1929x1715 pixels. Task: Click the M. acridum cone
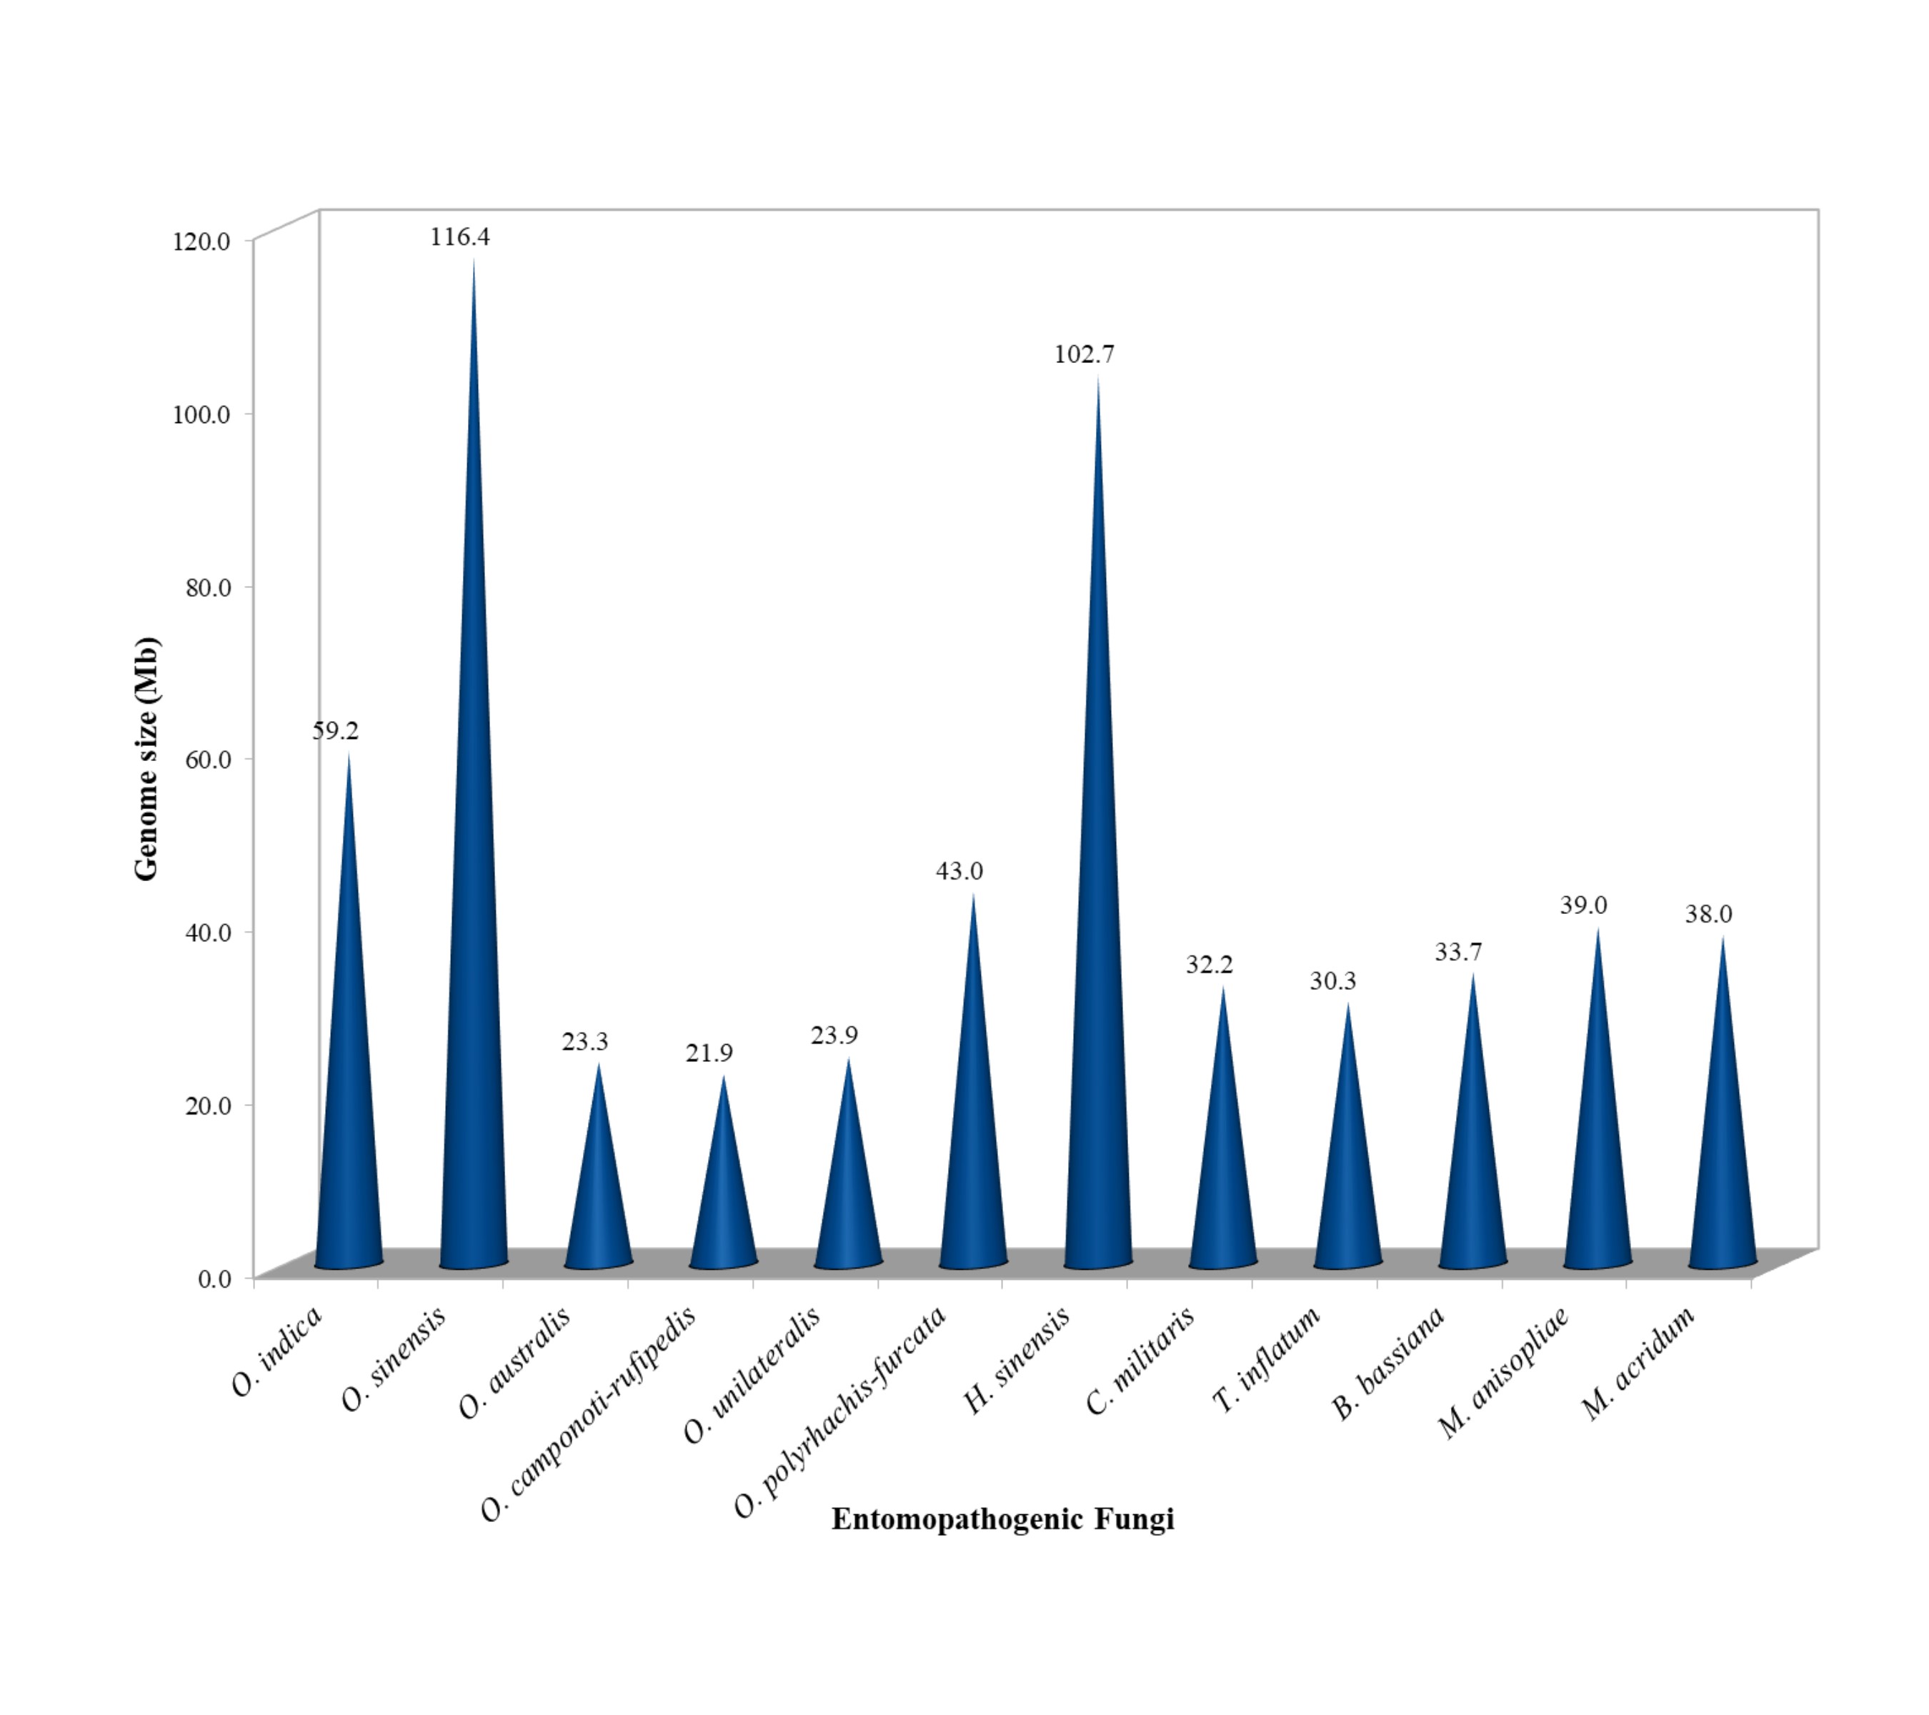pos(1723,1133)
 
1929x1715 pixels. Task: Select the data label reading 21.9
pos(709,1053)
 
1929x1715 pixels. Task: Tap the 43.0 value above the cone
pos(959,871)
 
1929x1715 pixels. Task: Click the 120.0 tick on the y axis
pos(201,241)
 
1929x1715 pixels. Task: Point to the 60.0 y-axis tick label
pos(208,760)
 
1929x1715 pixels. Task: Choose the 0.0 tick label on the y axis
pos(214,1279)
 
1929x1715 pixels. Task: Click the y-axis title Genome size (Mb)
pos(147,759)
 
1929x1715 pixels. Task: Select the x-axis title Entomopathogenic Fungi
pos(1002,1518)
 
